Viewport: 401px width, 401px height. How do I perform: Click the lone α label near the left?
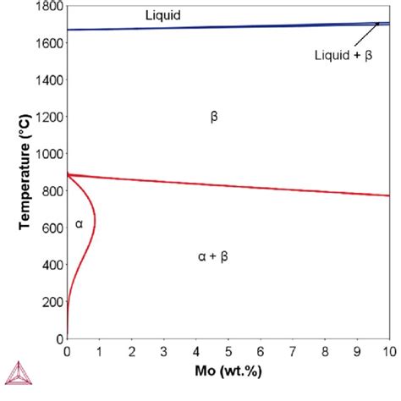click(x=79, y=223)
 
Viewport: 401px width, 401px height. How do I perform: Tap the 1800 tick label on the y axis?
click(x=47, y=7)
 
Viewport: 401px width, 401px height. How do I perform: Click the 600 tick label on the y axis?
click(x=50, y=228)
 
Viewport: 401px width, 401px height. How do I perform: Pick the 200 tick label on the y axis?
click(x=50, y=301)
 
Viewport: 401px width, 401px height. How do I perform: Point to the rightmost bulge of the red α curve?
click(x=95, y=222)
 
